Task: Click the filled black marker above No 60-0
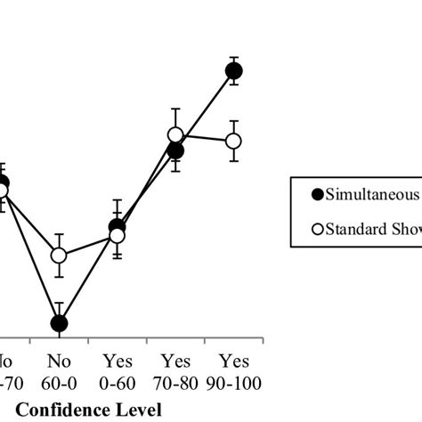pos(59,324)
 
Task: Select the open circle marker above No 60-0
pos(59,256)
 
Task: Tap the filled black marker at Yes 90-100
pos(234,71)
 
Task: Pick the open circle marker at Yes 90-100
pos(234,141)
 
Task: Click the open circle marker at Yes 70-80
pos(175,135)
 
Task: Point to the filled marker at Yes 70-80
pos(175,151)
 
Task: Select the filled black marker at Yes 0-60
pos(117,227)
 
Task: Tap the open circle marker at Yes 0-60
pos(117,236)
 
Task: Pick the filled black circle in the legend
pos(315,193)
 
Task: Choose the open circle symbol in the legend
pos(315,229)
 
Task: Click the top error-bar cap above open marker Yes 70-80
pos(175,110)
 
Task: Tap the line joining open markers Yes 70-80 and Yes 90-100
pos(205,138)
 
